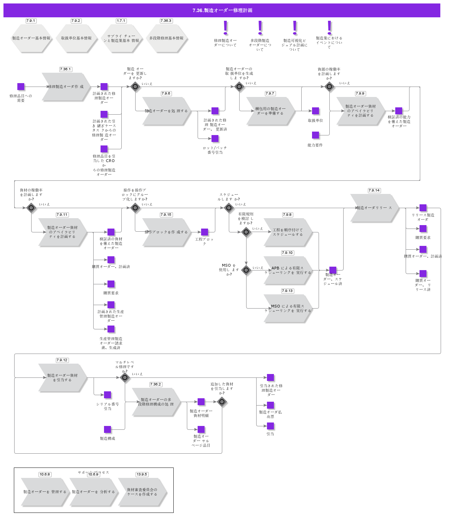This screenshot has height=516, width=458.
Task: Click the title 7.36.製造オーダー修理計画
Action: tap(222, 10)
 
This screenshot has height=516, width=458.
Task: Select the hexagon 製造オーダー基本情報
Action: tap(31, 38)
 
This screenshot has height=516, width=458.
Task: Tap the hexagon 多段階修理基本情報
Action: tap(166, 38)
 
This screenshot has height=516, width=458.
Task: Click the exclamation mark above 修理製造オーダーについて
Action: tap(225, 28)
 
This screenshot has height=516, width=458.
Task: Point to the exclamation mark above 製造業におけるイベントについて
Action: tap(329, 28)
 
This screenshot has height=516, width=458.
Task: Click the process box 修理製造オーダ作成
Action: tap(66, 87)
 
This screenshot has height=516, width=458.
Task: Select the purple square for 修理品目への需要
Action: tap(21, 87)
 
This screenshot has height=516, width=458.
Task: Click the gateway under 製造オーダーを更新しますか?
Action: tap(135, 87)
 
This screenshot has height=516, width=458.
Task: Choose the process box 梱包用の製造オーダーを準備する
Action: tap(270, 111)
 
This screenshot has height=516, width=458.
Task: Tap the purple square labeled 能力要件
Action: tap(316, 135)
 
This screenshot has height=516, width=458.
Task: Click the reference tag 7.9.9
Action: tap(360, 94)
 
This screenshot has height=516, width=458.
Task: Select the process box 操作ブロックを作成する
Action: tap(166, 232)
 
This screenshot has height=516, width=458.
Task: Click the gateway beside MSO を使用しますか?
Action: tap(246, 270)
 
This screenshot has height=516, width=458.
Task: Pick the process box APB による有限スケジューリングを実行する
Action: tap(287, 270)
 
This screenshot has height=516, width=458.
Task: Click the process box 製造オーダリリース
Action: tap(374, 208)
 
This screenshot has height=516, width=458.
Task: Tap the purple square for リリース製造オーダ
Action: tap(423, 208)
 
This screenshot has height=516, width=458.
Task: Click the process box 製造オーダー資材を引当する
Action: tap(62, 377)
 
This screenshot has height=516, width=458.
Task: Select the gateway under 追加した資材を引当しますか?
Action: tap(222, 402)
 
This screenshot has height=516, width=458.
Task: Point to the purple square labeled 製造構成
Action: tap(107, 429)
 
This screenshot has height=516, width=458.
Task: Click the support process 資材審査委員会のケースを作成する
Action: tap(142, 492)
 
